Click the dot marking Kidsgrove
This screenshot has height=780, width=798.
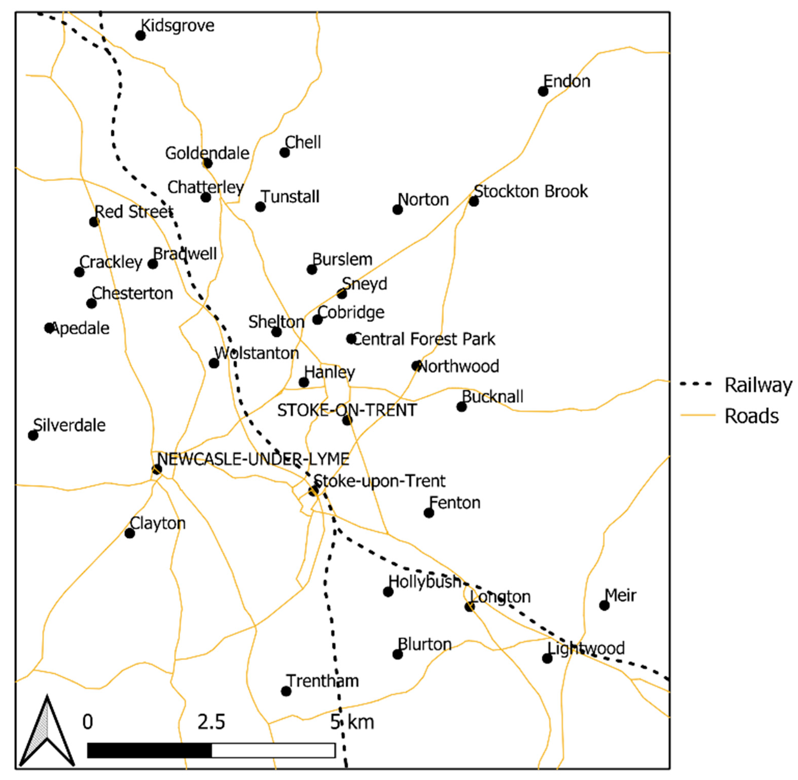(x=141, y=36)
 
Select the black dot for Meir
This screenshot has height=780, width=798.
(x=604, y=605)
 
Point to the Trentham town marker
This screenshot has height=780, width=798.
(x=286, y=691)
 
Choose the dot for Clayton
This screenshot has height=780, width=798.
(x=129, y=533)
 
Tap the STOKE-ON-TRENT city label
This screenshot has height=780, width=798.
(x=347, y=410)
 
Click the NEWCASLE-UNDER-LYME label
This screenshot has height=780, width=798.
(x=253, y=459)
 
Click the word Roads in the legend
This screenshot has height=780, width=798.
(x=752, y=416)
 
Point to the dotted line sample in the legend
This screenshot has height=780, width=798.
(x=697, y=384)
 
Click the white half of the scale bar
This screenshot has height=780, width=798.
(x=273, y=750)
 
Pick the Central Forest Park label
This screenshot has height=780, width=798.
(x=424, y=339)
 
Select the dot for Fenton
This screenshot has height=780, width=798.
(x=429, y=512)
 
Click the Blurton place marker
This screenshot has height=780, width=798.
(x=397, y=654)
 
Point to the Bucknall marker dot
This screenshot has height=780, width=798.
(x=461, y=407)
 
